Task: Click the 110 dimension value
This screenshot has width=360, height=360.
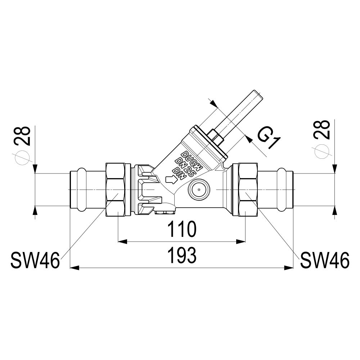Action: click(x=182, y=229)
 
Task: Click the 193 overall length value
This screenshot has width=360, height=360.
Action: click(x=182, y=255)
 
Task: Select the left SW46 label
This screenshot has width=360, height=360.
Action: click(x=35, y=260)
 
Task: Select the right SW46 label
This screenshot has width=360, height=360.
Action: click(x=325, y=260)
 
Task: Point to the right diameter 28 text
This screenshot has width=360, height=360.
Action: click(x=322, y=129)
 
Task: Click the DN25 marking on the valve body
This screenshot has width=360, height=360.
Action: click(x=185, y=167)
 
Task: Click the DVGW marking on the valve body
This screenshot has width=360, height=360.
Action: click(x=192, y=160)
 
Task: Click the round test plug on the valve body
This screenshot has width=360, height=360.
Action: click(x=199, y=190)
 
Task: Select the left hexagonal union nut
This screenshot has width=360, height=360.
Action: click(x=116, y=189)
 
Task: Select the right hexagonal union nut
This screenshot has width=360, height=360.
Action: click(x=248, y=189)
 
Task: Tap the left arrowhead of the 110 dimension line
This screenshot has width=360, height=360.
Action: click(x=122, y=241)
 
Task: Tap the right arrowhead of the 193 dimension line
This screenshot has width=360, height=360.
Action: click(x=288, y=267)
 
